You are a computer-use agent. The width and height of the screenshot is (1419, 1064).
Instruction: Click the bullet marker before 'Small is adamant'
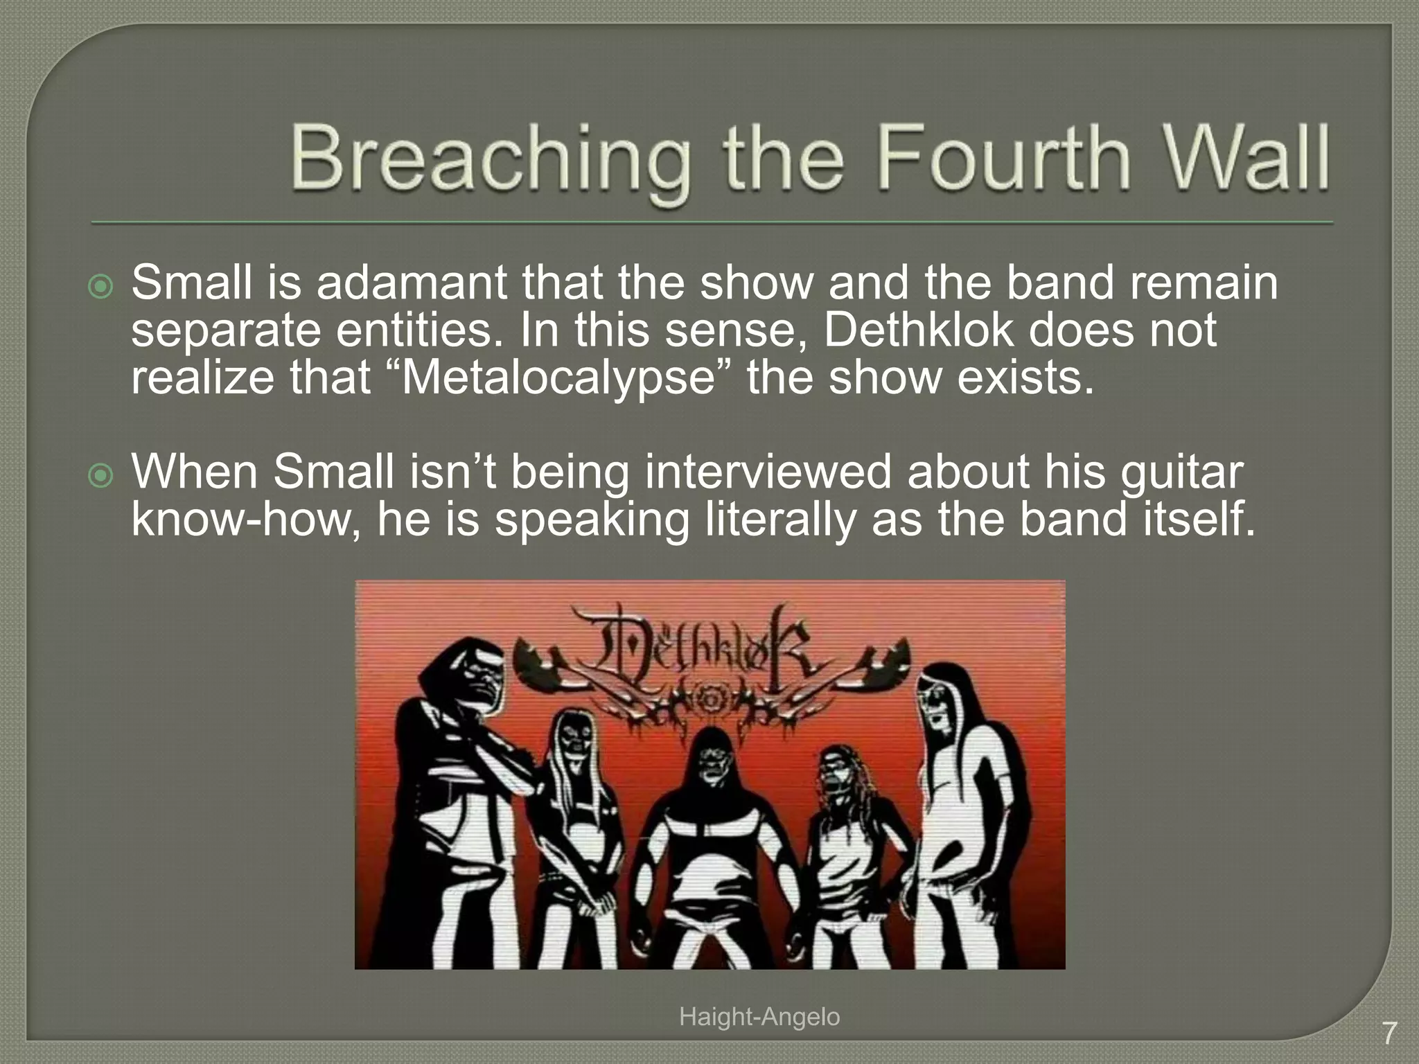click(x=101, y=286)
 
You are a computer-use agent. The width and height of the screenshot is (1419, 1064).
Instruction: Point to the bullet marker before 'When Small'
click(x=101, y=475)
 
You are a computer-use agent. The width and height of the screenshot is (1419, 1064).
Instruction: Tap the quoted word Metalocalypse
click(x=558, y=378)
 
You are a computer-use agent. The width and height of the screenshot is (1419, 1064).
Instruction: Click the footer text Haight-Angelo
click(x=759, y=1017)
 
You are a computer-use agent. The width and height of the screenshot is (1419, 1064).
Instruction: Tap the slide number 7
click(x=1389, y=1034)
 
